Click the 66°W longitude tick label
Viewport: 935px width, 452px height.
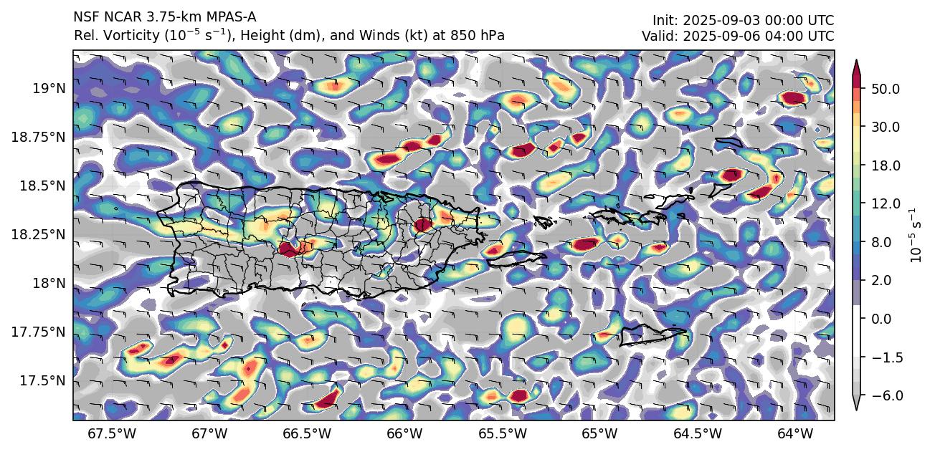[x=404, y=433]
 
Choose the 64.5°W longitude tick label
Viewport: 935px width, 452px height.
[x=697, y=433]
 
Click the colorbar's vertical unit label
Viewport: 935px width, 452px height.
[x=914, y=236]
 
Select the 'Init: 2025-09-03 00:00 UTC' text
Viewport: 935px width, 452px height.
[x=743, y=21]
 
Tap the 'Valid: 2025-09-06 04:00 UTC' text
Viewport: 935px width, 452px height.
[x=738, y=36]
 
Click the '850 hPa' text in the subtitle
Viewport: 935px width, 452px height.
[x=483, y=36]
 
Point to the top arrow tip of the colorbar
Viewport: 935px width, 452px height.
[x=855, y=60]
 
